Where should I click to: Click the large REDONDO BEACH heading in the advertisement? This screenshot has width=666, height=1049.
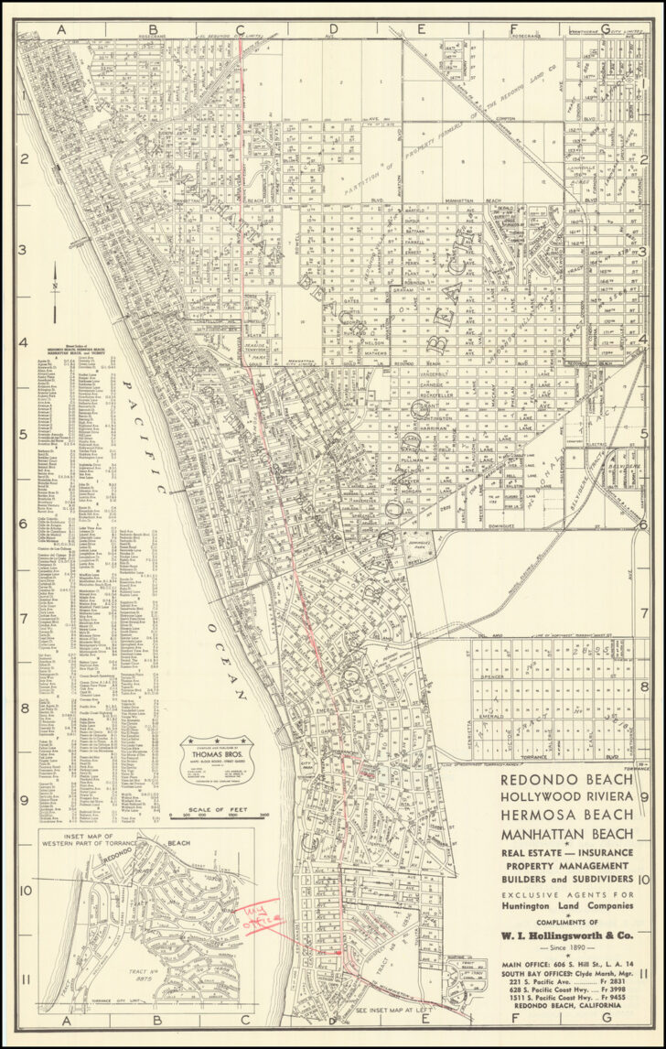click(x=566, y=779)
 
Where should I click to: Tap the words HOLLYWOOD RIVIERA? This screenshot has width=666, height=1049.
click(x=566, y=797)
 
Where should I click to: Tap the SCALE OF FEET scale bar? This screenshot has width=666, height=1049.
click(x=219, y=813)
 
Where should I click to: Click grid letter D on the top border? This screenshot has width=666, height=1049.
click(x=332, y=28)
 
